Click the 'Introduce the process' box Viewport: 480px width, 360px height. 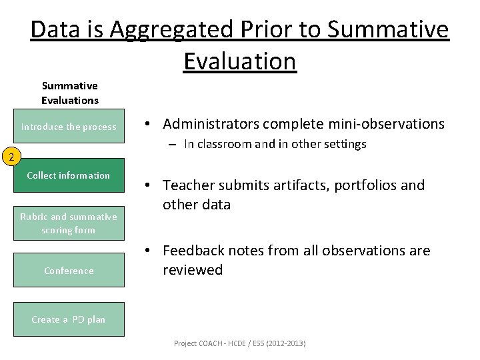pos(69,127)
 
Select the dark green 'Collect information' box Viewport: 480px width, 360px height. pos(69,175)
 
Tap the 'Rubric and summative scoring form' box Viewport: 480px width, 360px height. pos(69,223)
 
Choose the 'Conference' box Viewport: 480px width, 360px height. pos(69,271)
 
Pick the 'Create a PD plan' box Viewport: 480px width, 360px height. pos(69,319)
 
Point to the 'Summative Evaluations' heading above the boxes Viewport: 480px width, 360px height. pos(69,93)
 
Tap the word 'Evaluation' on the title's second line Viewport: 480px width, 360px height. pos(239,61)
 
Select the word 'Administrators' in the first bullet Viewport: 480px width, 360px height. pos(211,124)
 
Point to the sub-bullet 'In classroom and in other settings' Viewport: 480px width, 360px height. pos(275,145)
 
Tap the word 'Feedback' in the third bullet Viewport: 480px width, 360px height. pos(194,251)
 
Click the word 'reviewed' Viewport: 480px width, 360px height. pos(193,270)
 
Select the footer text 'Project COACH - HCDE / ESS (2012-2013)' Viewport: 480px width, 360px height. pos(239,343)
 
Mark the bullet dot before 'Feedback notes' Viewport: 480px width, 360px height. pos(151,251)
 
